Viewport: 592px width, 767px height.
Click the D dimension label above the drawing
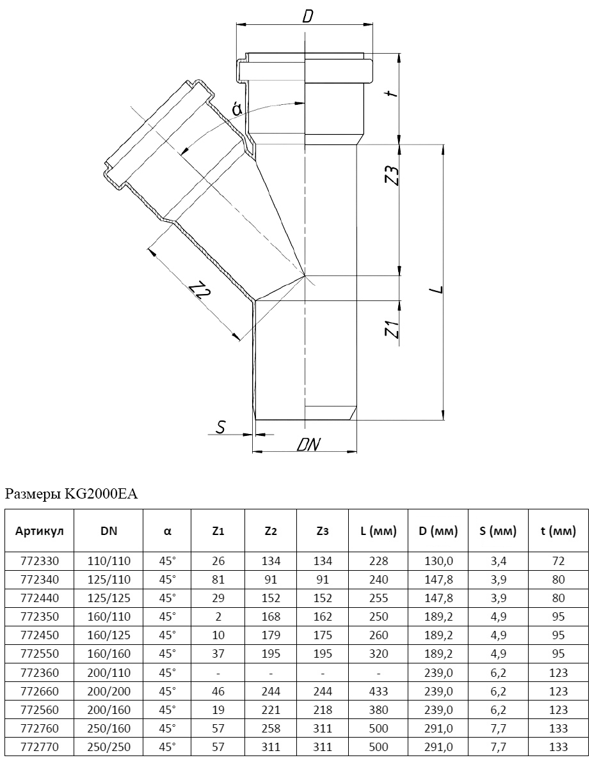click(x=307, y=16)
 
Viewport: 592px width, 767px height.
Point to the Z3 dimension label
click(x=392, y=175)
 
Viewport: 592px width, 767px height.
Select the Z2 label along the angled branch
click(x=201, y=290)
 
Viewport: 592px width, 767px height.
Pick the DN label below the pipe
click(x=308, y=444)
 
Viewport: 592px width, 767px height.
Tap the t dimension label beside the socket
click(x=392, y=93)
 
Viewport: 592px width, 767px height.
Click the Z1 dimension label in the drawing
click(x=392, y=329)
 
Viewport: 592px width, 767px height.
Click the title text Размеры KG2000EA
click(x=71, y=494)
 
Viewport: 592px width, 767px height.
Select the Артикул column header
click(x=39, y=531)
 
